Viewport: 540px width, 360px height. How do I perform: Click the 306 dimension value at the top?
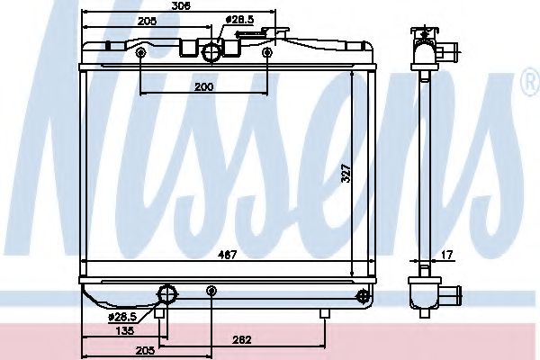click(181, 6)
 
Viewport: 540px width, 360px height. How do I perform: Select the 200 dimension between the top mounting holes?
click(204, 86)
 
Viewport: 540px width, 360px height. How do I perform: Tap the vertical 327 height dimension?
click(346, 173)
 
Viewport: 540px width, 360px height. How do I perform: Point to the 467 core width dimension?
click(228, 255)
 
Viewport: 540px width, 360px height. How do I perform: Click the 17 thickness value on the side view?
click(446, 255)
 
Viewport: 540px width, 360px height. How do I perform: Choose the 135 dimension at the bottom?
click(124, 331)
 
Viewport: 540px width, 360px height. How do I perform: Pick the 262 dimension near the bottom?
click(242, 340)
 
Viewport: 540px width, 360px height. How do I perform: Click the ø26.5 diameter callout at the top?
click(239, 20)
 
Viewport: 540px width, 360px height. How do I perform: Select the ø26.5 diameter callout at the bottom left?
click(122, 317)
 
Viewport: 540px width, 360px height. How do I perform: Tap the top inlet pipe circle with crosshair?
click(211, 52)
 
